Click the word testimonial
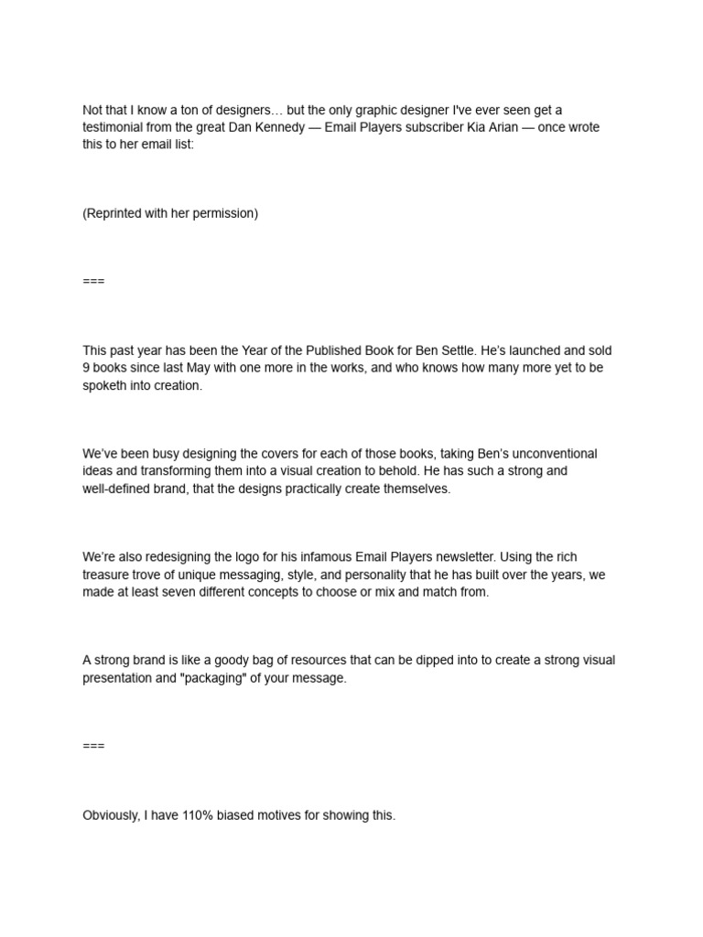(114, 127)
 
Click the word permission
(227, 213)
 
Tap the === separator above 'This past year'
(93, 281)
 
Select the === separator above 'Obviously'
(93, 746)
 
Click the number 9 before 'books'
(86, 368)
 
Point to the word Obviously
(112, 815)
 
